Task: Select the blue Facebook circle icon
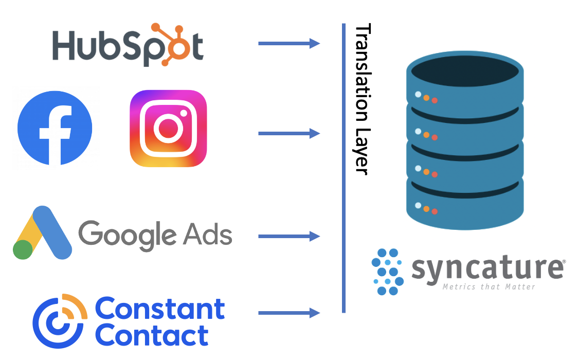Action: [x=55, y=128]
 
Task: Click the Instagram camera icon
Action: [x=168, y=129]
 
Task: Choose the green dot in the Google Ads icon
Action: [x=23, y=249]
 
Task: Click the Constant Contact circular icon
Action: [x=58, y=321]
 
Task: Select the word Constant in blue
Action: [x=160, y=309]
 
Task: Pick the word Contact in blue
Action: [x=152, y=335]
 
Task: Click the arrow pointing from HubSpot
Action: [x=289, y=44]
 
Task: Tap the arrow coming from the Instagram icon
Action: [x=289, y=134]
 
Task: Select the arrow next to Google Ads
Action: [x=289, y=237]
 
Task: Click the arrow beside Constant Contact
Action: [x=289, y=313]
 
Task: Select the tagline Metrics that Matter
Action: [x=489, y=286]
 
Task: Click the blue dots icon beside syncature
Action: [x=387, y=272]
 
